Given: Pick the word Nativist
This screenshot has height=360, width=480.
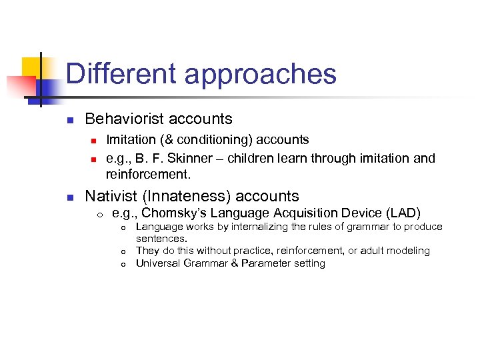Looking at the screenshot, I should point(112,196).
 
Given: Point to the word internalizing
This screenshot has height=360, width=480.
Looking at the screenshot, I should point(253,227).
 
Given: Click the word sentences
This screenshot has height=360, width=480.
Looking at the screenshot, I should point(161,238).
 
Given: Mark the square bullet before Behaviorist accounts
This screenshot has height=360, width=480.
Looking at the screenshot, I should point(69,120).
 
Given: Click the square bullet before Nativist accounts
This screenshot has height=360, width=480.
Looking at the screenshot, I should point(69,197).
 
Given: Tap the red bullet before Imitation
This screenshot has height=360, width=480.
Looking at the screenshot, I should point(94,141).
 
